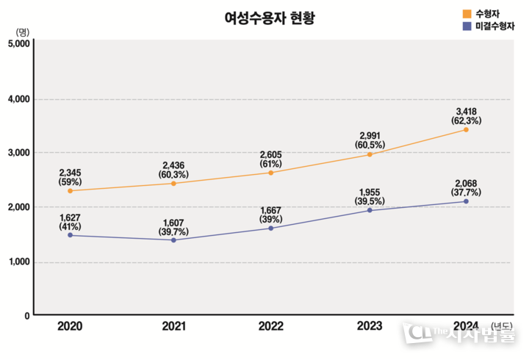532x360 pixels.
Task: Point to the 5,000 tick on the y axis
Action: [x=17, y=43]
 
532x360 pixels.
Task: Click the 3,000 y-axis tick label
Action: [x=17, y=153]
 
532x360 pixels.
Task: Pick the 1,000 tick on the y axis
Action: [x=17, y=262]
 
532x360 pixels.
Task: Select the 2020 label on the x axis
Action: [x=70, y=326]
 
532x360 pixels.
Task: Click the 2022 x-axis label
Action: [x=270, y=326]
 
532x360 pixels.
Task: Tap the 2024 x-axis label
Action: [x=467, y=326]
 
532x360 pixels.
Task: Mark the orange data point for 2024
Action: [x=466, y=130]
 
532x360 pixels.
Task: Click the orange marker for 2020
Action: [x=70, y=191]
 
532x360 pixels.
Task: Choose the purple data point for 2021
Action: [x=173, y=240]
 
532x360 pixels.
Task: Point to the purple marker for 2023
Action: [x=369, y=211]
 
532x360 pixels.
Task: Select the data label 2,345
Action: [x=70, y=173]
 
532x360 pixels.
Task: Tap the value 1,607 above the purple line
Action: [x=173, y=222]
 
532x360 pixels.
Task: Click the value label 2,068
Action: [x=466, y=183]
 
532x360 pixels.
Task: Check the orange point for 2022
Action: [x=270, y=173]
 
